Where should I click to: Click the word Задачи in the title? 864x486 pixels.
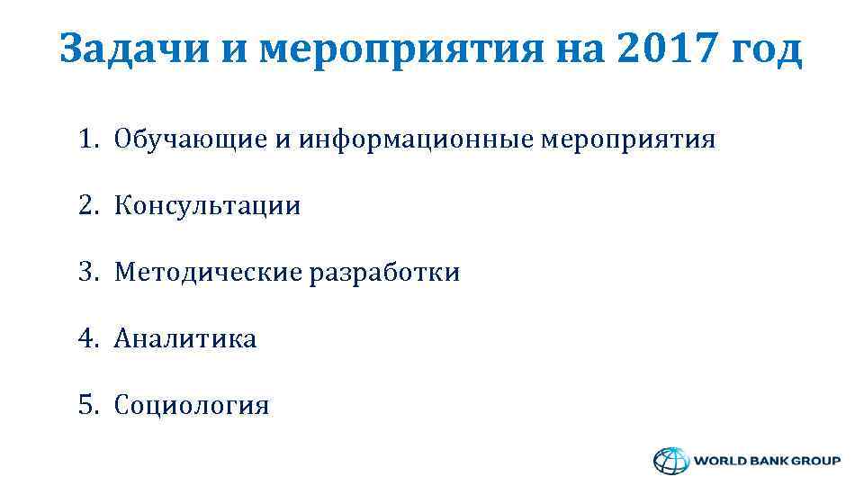pyautogui.click(x=133, y=49)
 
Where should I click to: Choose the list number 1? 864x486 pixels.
pyautogui.click(x=86, y=139)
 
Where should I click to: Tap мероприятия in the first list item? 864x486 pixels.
pyautogui.click(x=628, y=140)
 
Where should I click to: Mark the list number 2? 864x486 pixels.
pyautogui.click(x=86, y=206)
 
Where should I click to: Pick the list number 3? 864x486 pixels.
pyautogui.click(x=86, y=273)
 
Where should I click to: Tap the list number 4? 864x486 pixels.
pyautogui.click(x=86, y=339)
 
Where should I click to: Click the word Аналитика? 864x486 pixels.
pyautogui.click(x=184, y=339)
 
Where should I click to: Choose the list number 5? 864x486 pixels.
pyautogui.click(x=86, y=406)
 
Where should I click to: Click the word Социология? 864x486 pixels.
pyautogui.click(x=191, y=406)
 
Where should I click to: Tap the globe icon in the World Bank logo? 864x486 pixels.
pyautogui.click(x=669, y=460)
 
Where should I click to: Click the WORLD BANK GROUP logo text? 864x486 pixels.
pyautogui.click(x=767, y=460)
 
